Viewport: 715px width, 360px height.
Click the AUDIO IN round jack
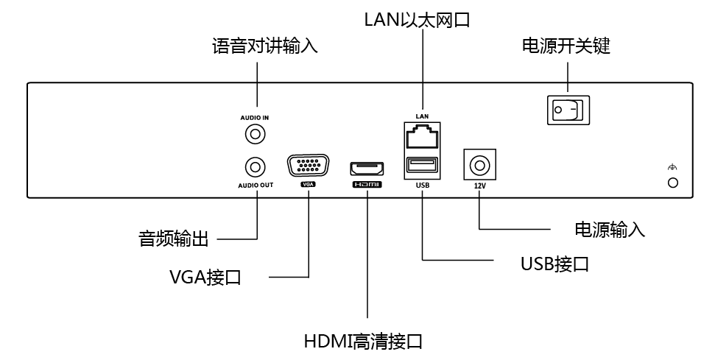click(256, 135)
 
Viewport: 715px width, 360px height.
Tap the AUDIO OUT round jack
click(256, 166)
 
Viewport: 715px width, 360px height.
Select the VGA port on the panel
click(308, 166)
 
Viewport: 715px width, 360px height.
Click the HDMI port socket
click(367, 166)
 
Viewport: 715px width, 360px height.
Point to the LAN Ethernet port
click(422, 138)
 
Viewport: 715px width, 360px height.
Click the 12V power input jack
click(479, 164)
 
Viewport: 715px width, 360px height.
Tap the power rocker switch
click(568, 110)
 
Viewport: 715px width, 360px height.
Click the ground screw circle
click(672, 182)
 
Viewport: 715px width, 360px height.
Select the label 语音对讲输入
click(264, 47)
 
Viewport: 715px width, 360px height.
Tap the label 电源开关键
click(566, 47)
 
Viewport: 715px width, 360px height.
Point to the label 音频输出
click(174, 239)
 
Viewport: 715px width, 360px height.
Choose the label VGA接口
click(205, 278)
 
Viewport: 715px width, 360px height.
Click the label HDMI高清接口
click(364, 342)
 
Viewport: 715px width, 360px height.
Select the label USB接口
click(554, 263)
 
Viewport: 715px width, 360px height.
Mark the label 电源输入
click(610, 229)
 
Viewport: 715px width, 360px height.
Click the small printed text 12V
click(480, 186)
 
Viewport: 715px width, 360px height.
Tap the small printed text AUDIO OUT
click(256, 185)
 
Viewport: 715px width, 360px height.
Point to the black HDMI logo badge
click(367, 185)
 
